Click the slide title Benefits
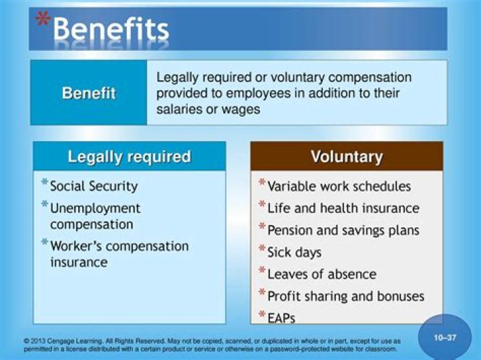click(x=111, y=30)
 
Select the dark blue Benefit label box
click(x=89, y=93)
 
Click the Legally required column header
click(x=130, y=157)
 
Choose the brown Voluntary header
click(x=347, y=157)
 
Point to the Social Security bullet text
click(x=94, y=186)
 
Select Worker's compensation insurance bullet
click(x=119, y=254)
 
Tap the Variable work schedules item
click(x=339, y=186)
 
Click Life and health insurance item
click(x=343, y=208)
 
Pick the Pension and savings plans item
click(x=343, y=230)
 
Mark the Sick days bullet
click(x=294, y=252)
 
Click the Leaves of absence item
click(x=321, y=274)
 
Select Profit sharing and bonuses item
click(x=345, y=296)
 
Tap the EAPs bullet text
click(x=281, y=318)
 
